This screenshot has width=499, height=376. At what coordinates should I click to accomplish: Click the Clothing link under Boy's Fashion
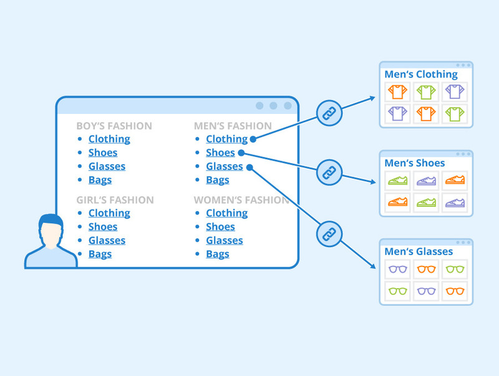[109, 139]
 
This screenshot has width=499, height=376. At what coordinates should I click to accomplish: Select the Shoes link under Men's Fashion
[220, 153]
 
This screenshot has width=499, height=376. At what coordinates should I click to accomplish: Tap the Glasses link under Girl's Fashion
[107, 240]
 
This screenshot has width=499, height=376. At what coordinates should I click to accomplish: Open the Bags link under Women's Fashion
[218, 254]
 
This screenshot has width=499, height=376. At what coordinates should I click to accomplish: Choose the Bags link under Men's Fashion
[218, 180]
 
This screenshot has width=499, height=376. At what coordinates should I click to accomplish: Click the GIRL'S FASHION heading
[115, 200]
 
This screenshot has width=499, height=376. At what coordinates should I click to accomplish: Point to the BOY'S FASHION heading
[114, 126]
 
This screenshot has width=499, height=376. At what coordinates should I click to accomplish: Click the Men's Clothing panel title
[421, 75]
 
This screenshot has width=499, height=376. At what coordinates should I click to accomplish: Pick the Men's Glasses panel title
[419, 251]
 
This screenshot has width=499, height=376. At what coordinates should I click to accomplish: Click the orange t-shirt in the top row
[397, 93]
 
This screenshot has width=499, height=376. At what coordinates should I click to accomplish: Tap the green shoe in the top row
[397, 181]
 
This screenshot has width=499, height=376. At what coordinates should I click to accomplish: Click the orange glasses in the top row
[427, 270]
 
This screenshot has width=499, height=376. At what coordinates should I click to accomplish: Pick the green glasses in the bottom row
[397, 291]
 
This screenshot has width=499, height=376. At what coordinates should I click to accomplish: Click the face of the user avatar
[51, 235]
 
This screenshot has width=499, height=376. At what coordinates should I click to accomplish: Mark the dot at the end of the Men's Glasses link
[249, 166]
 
